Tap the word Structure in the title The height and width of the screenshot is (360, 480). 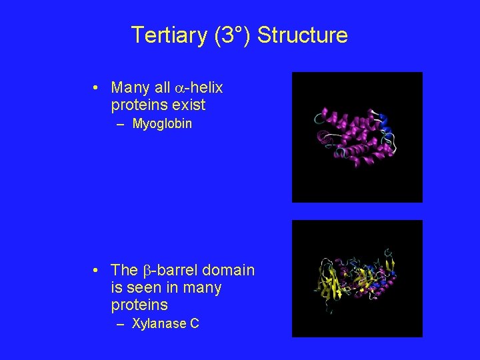tap(302, 35)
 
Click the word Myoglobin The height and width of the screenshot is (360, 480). tap(162, 123)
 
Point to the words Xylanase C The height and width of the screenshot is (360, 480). tap(165, 324)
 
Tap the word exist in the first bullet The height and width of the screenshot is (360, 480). tap(189, 105)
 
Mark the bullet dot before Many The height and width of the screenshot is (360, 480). tap(97, 88)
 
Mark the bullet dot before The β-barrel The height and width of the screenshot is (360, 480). tap(97, 270)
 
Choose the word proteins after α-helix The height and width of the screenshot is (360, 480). tap(139, 105)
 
